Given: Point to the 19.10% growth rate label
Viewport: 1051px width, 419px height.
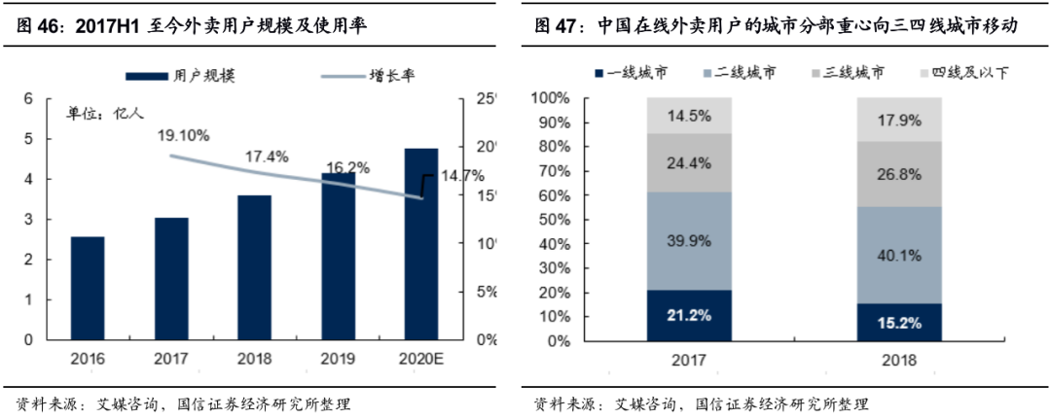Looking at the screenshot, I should (x=184, y=136).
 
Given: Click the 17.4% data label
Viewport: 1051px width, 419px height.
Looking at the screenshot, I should (x=266, y=156).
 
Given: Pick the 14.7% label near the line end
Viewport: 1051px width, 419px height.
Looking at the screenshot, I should (x=461, y=176).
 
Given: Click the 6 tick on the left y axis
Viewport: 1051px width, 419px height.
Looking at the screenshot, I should (x=29, y=98).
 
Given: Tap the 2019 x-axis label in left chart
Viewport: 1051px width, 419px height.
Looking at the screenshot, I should (x=338, y=359).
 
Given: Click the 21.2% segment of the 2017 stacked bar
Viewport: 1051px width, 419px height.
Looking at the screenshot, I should (x=688, y=315).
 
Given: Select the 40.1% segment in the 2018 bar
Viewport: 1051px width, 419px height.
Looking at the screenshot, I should (x=899, y=255).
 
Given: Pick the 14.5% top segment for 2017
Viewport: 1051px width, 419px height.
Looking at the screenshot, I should (x=688, y=116).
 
